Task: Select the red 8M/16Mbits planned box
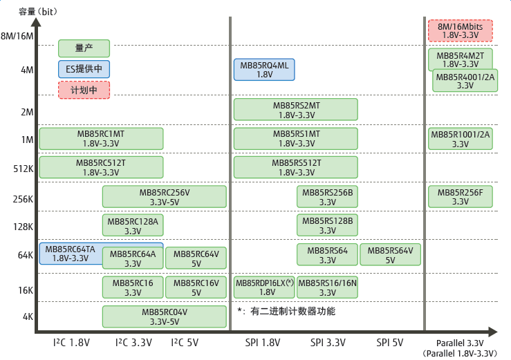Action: pyautogui.click(x=460, y=30)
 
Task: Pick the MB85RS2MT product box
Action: pyautogui.click(x=295, y=110)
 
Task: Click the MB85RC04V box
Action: pyautogui.click(x=164, y=316)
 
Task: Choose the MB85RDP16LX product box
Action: pyautogui.click(x=266, y=287)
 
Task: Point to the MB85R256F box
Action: pyautogui.click(x=460, y=197)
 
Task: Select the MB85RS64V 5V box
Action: pyautogui.click(x=390, y=255)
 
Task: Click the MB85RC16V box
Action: pyautogui.click(x=196, y=287)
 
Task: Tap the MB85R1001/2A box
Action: pyautogui.click(x=460, y=139)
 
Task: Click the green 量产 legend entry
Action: pyautogui.click(x=84, y=48)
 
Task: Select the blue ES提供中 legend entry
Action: pyautogui.click(x=84, y=69)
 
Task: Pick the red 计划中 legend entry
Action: pyautogui.click(x=84, y=90)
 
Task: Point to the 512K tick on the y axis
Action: pyautogui.click(x=23, y=169)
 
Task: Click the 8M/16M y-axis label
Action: pyautogui.click(x=17, y=36)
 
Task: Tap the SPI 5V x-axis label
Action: pyautogui.click(x=390, y=342)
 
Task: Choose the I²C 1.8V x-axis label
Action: pyautogui.click(x=72, y=342)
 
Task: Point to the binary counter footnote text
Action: pyautogui.click(x=286, y=312)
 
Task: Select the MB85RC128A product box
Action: pyautogui.click(x=133, y=226)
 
